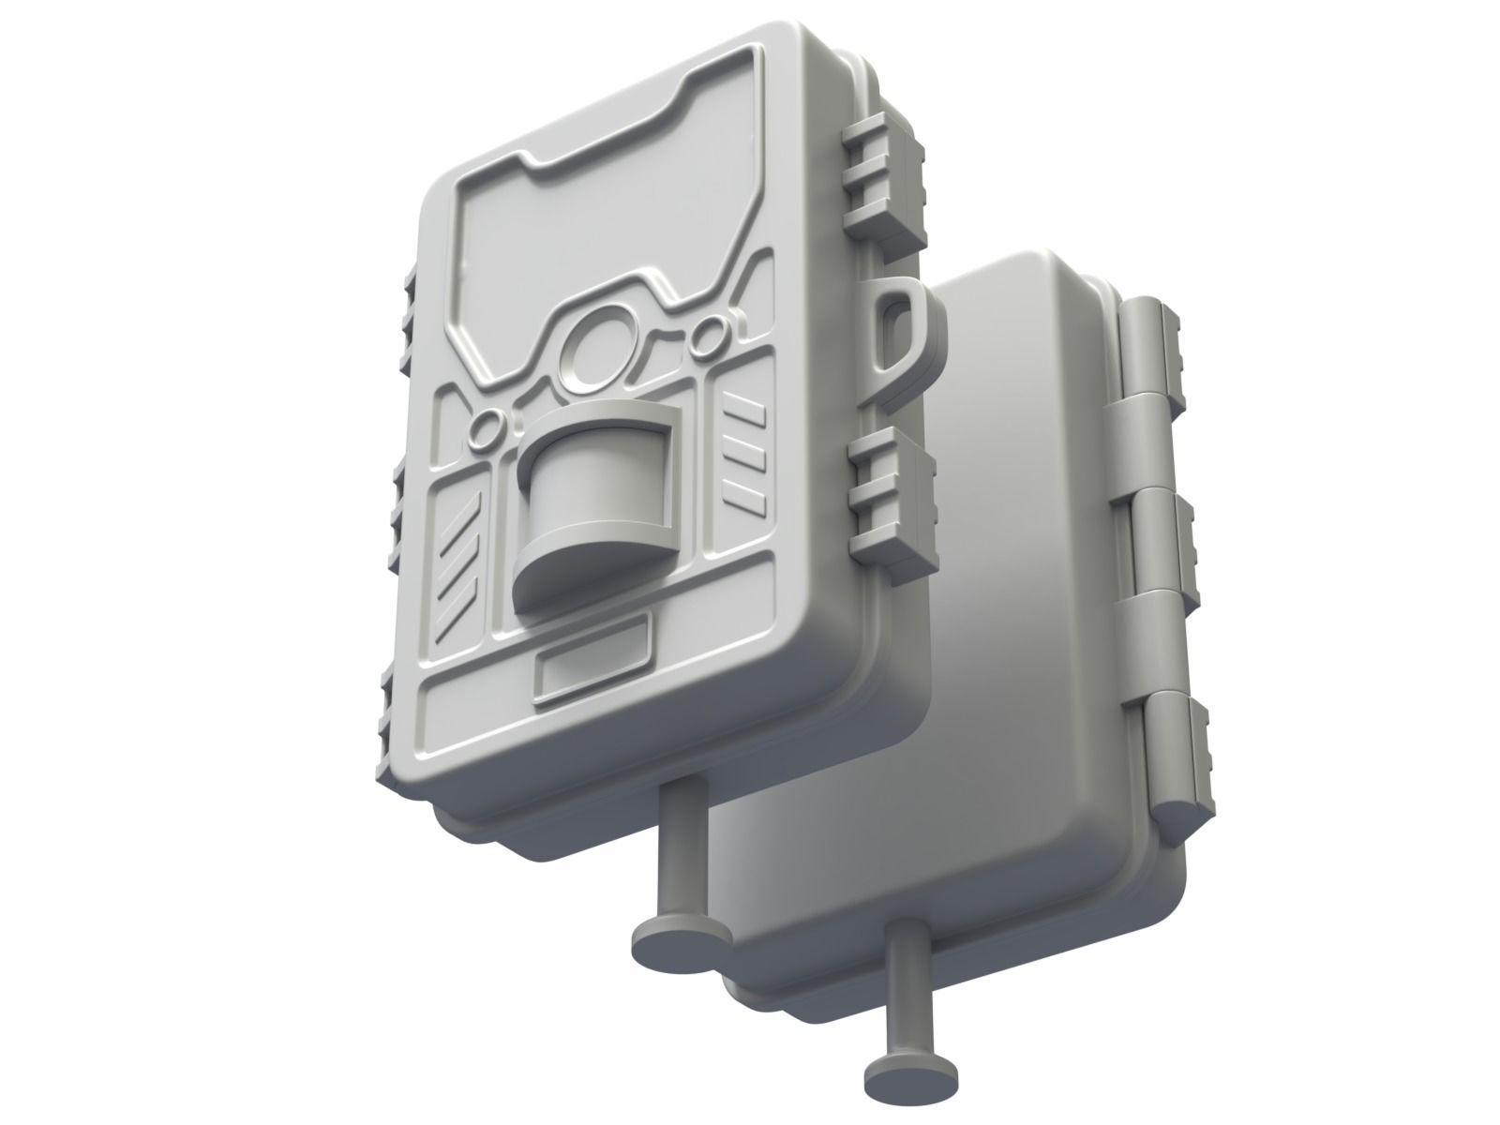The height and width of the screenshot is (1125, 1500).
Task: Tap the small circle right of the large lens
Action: (711, 329)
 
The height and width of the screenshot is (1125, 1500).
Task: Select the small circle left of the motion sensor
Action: (486, 431)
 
